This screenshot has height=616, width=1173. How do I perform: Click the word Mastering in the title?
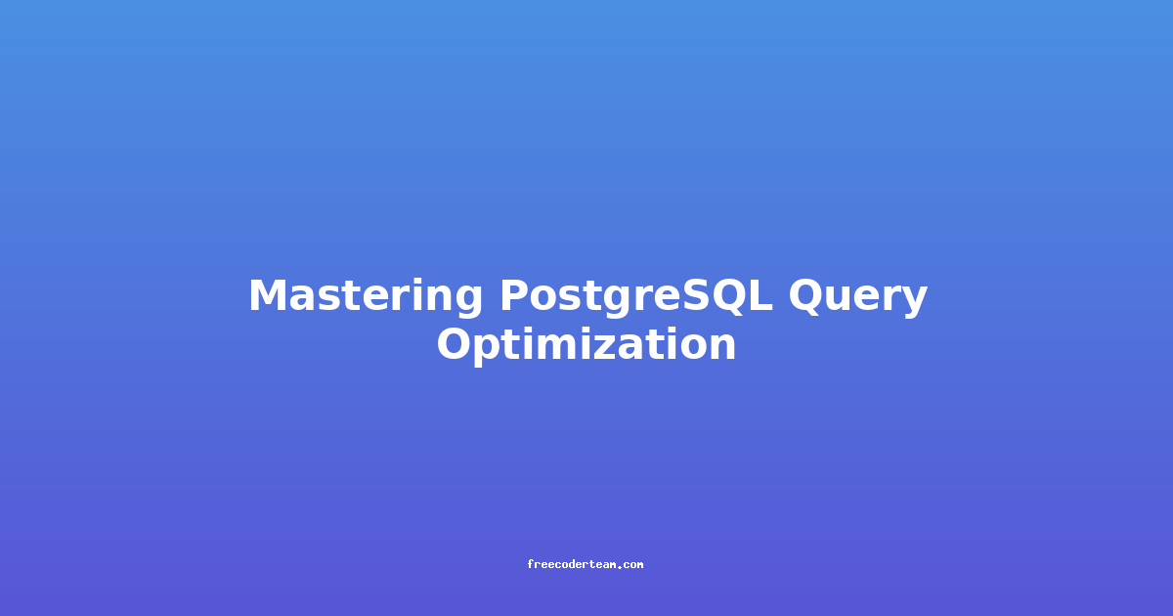[x=366, y=297]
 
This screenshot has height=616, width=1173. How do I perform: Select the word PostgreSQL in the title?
[x=636, y=297]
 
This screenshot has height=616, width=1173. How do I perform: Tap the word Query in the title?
[x=858, y=297]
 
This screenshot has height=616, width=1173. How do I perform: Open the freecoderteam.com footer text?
[x=586, y=564]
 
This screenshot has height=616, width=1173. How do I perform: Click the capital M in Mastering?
[x=269, y=295]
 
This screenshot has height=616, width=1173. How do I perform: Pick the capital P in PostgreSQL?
[x=516, y=295]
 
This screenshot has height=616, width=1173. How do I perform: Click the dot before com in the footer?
[x=620, y=567]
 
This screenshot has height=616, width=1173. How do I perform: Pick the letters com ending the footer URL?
[x=633, y=565]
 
